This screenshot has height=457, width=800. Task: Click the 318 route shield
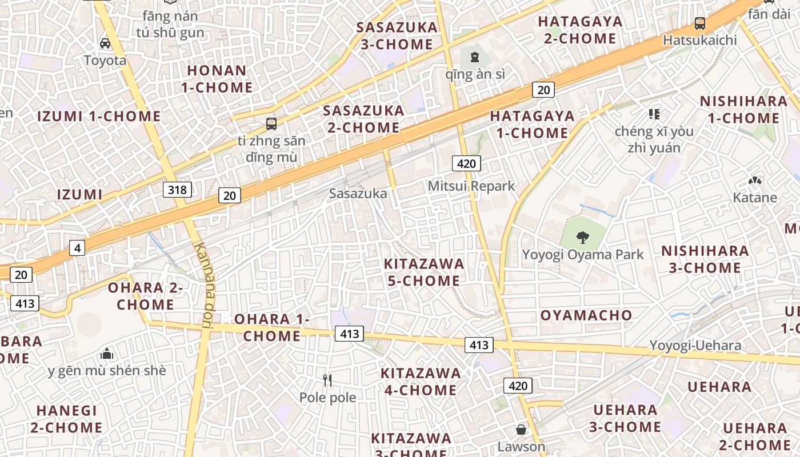pos(177,189)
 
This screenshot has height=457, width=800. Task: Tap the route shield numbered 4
pos(77,248)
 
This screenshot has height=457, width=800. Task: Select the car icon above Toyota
pos(105,43)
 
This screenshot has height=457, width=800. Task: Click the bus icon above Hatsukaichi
pos(700,23)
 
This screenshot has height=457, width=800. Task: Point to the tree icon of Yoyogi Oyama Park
pos(583,236)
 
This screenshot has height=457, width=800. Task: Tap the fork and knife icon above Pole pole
pos(327,380)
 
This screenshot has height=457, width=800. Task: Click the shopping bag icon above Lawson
pos(521,430)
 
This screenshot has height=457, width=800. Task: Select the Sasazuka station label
pos(358,194)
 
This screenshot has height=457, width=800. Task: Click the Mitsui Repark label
pos(471,186)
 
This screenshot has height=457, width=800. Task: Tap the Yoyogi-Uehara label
pos(695,345)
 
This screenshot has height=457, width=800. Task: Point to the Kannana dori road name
pos(203,286)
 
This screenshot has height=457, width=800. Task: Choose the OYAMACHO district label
pos(586,315)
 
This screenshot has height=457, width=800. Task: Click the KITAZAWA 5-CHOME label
pos(424,272)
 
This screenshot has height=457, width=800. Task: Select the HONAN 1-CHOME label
pos(217,79)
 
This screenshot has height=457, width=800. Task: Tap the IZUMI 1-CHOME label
pos(99,117)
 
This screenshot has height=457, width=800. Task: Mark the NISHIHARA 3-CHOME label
pos(705,259)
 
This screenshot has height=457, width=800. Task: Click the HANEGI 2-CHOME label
pos(66,419)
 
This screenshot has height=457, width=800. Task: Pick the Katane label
pos(755,198)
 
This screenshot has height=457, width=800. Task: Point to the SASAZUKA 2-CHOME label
pos(363,119)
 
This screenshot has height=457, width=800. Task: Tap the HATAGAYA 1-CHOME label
pos(532,125)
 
